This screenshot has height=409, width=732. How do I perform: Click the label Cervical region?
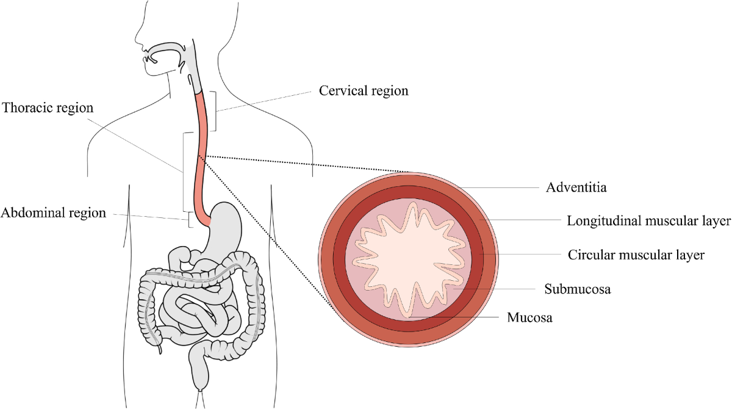[364, 91]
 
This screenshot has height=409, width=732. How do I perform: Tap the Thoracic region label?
[48, 108]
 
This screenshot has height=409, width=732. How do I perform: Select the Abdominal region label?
[54, 213]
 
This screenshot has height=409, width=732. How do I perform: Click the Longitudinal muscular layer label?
[648, 220]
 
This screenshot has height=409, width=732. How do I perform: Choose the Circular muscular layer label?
[636, 255]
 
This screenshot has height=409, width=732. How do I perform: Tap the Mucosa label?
[529, 318]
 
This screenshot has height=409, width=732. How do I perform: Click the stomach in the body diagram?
[229, 226]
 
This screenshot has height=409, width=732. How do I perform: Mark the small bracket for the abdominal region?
[190, 220]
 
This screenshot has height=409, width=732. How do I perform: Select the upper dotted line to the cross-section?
[305, 164]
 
